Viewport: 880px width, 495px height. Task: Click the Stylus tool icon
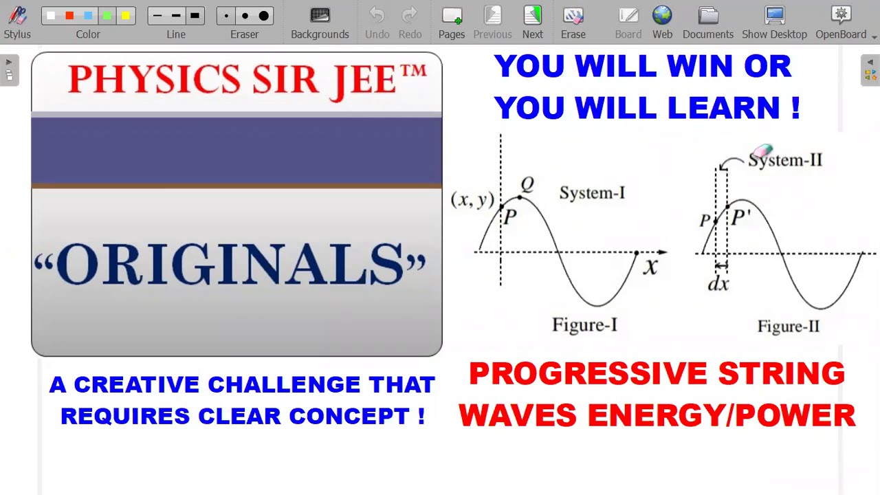click(17, 16)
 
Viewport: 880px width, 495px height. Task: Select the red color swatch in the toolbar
click(69, 16)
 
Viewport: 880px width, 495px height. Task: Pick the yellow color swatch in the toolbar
click(125, 16)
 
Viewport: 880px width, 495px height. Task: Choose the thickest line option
click(195, 16)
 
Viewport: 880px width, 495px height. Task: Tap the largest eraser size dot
click(263, 16)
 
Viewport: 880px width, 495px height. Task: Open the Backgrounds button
click(320, 16)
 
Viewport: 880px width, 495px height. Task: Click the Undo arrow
click(377, 15)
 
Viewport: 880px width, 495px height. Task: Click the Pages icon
click(452, 16)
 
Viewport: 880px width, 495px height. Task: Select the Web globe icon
click(662, 15)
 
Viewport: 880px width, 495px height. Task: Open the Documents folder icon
click(707, 16)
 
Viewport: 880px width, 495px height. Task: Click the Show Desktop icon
click(774, 16)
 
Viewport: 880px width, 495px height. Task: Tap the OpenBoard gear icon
click(841, 15)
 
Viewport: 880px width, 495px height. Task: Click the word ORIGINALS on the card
click(230, 265)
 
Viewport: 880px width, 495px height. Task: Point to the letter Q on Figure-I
click(527, 184)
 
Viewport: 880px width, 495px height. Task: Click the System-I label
click(592, 193)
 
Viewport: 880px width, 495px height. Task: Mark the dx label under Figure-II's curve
click(718, 283)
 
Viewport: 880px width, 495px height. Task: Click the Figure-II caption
click(789, 327)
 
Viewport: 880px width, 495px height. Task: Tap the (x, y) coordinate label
click(472, 199)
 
